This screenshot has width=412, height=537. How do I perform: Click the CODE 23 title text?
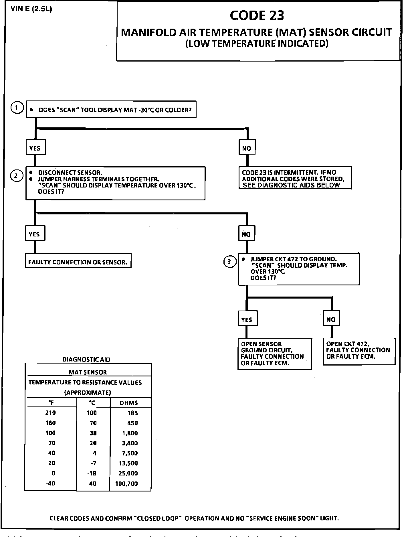pyautogui.click(x=257, y=16)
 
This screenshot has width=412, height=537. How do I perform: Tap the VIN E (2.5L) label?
pyautogui.click(x=31, y=9)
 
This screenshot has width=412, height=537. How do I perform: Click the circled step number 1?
pyautogui.click(x=17, y=108)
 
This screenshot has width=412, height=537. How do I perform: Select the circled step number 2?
pyautogui.click(x=17, y=176)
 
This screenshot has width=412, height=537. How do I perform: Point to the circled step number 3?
pyautogui.click(x=229, y=261)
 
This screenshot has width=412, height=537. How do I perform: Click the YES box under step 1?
pyautogui.click(x=35, y=148)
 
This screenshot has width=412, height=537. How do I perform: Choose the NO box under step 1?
pyautogui.click(x=247, y=148)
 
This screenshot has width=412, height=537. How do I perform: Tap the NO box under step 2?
pyautogui.click(x=246, y=234)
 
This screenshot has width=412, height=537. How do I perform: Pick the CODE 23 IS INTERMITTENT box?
pyautogui.click(x=295, y=178)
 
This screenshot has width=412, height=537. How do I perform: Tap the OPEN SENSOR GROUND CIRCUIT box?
pyautogui.click(x=274, y=354)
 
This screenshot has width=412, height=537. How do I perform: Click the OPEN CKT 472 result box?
pyautogui.click(x=359, y=351)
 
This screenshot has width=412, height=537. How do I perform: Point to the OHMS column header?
pyautogui.click(x=128, y=403)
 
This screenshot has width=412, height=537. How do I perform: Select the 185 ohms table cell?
pyautogui.click(x=132, y=413)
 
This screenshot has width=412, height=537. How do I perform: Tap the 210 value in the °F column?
pyautogui.click(x=51, y=413)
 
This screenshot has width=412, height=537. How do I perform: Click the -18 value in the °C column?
pyautogui.click(x=92, y=473)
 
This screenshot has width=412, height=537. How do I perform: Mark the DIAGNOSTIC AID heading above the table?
pyautogui.click(x=86, y=360)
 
